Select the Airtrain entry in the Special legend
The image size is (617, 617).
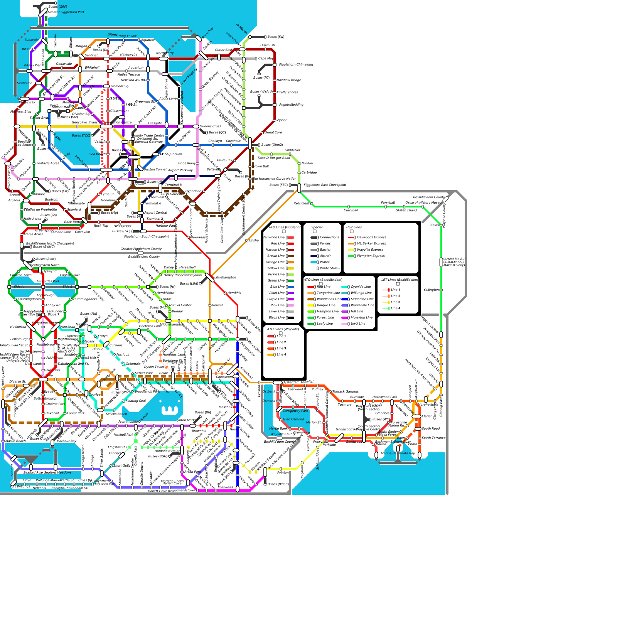(x=325, y=256)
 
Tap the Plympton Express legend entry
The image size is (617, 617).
(x=371, y=256)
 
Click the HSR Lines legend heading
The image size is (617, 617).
(x=354, y=228)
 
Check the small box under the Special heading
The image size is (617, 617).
(x=315, y=231)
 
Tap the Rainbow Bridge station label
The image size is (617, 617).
(x=289, y=80)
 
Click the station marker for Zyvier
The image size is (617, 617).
(x=275, y=120)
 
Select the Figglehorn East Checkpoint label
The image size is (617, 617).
(x=325, y=185)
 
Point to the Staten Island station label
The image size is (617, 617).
(x=406, y=211)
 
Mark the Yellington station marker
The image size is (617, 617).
(x=441, y=290)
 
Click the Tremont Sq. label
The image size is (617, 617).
(x=120, y=86)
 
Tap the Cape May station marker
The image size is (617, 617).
(x=256, y=59)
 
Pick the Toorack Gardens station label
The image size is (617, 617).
(x=346, y=392)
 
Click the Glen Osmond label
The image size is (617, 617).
(x=293, y=420)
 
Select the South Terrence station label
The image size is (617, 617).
(x=433, y=438)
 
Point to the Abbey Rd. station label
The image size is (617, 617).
(x=53, y=305)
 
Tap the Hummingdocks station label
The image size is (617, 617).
(x=85, y=299)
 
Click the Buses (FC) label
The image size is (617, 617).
(x=261, y=78)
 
